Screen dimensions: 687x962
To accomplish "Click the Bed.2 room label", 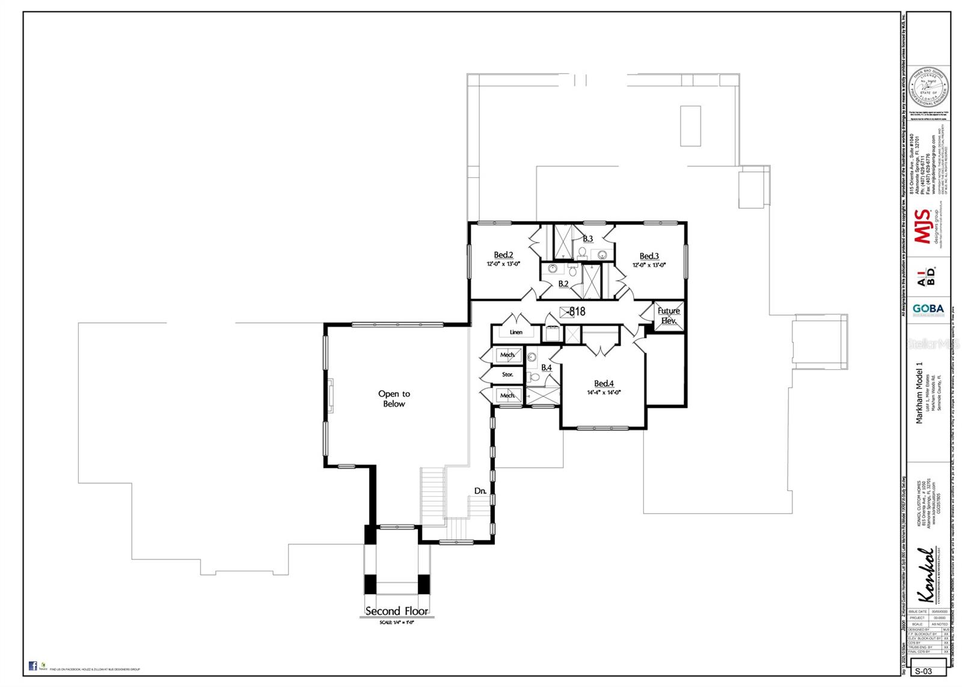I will (x=503, y=255).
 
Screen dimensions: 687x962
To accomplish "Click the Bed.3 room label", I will (x=649, y=256).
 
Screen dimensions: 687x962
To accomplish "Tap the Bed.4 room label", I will (x=604, y=384).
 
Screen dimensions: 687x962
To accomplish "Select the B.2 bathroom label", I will (x=563, y=284).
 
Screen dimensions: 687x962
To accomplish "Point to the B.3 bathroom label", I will (x=587, y=239).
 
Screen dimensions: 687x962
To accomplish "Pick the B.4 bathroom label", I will (x=546, y=368).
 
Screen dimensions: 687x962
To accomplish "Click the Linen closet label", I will (x=516, y=332).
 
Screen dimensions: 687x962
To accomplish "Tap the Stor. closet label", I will (x=507, y=374).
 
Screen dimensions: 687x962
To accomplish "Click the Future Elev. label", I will (x=669, y=315).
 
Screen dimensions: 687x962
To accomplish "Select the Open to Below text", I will (x=394, y=399).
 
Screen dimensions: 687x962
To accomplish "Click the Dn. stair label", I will (x=480, y=491).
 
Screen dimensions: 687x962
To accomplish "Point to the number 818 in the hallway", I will (x=577, y=312).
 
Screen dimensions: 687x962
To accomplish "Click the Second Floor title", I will (x=397, y=611).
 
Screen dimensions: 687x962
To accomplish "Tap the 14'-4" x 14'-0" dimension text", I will (x=604, y=392).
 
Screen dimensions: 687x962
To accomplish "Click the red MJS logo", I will (x=923, y=227).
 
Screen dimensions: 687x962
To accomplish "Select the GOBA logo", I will (x=928, y=309).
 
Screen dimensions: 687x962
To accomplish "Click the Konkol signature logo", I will (x=926, y=575).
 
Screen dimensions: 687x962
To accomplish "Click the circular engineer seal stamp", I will (x=928, y=87).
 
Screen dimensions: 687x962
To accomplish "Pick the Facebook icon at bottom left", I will (x=33, y=665).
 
